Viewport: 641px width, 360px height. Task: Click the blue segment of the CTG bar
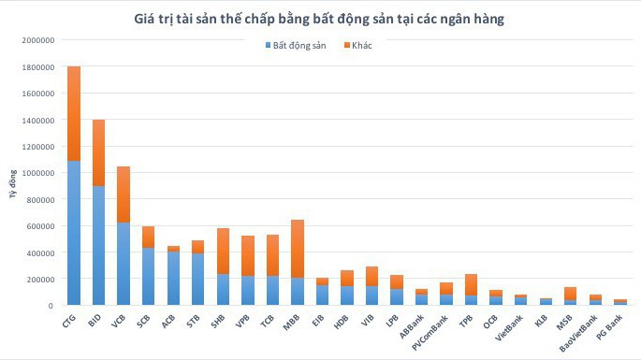pos(74,234)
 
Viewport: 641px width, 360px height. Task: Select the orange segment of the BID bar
pos(98,152)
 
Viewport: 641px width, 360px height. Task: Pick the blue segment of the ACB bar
pos(173,279)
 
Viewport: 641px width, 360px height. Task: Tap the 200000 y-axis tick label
pos(37,279)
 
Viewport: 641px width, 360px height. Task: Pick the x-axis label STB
pos(194,319)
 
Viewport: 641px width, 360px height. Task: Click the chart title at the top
pos(320,19)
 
